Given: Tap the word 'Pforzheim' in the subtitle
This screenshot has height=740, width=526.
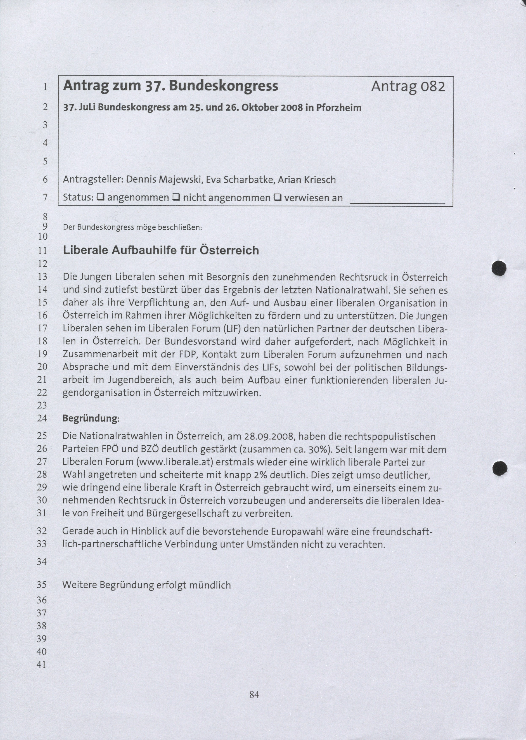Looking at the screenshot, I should [339, 108].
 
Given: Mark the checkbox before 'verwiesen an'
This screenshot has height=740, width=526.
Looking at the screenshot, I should [277, 197].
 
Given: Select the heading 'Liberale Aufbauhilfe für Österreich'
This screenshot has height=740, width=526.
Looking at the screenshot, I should [161, 251].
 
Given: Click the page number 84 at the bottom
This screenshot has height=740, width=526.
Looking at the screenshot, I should [254, 694].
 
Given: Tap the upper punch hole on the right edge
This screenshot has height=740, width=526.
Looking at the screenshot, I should [499, 268].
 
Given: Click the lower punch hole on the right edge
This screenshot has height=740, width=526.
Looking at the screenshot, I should [499, 469].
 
